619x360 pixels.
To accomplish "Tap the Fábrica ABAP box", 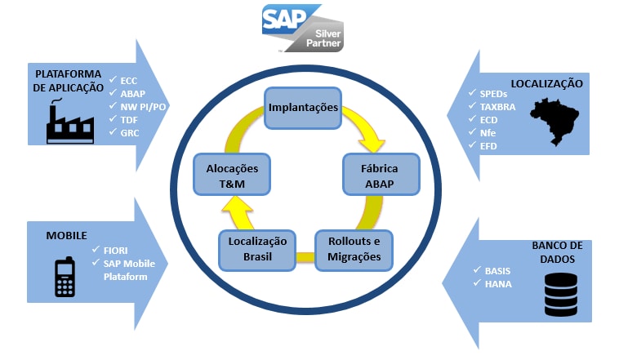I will click(x=379, y=175).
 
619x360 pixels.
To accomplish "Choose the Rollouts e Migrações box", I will click(x=354, y=251).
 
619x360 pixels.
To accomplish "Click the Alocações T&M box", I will click(x=232, y=175).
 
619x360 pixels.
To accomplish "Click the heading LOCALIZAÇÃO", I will click(x=546, y=83).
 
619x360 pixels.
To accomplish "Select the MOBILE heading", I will click(x=67, y=234).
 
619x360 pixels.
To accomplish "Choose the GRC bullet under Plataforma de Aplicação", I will click(x=131, y=133).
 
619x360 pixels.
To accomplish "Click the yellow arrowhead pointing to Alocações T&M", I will click(x=232, y=211).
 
